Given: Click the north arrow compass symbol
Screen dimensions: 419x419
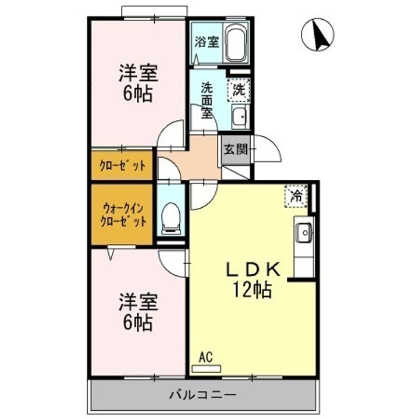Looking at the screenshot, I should [317, 34].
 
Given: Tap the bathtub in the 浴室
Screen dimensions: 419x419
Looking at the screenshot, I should [236, 43].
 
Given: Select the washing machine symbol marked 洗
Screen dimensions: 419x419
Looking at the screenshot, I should [239, 90].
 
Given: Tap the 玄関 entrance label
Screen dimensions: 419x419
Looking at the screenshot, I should [235, 149].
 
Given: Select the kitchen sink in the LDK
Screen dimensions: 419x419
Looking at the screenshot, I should [303, 233].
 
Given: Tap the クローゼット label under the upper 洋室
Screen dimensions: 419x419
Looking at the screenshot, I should [122, 165].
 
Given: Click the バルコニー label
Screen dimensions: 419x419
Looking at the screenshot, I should [203, 395].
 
